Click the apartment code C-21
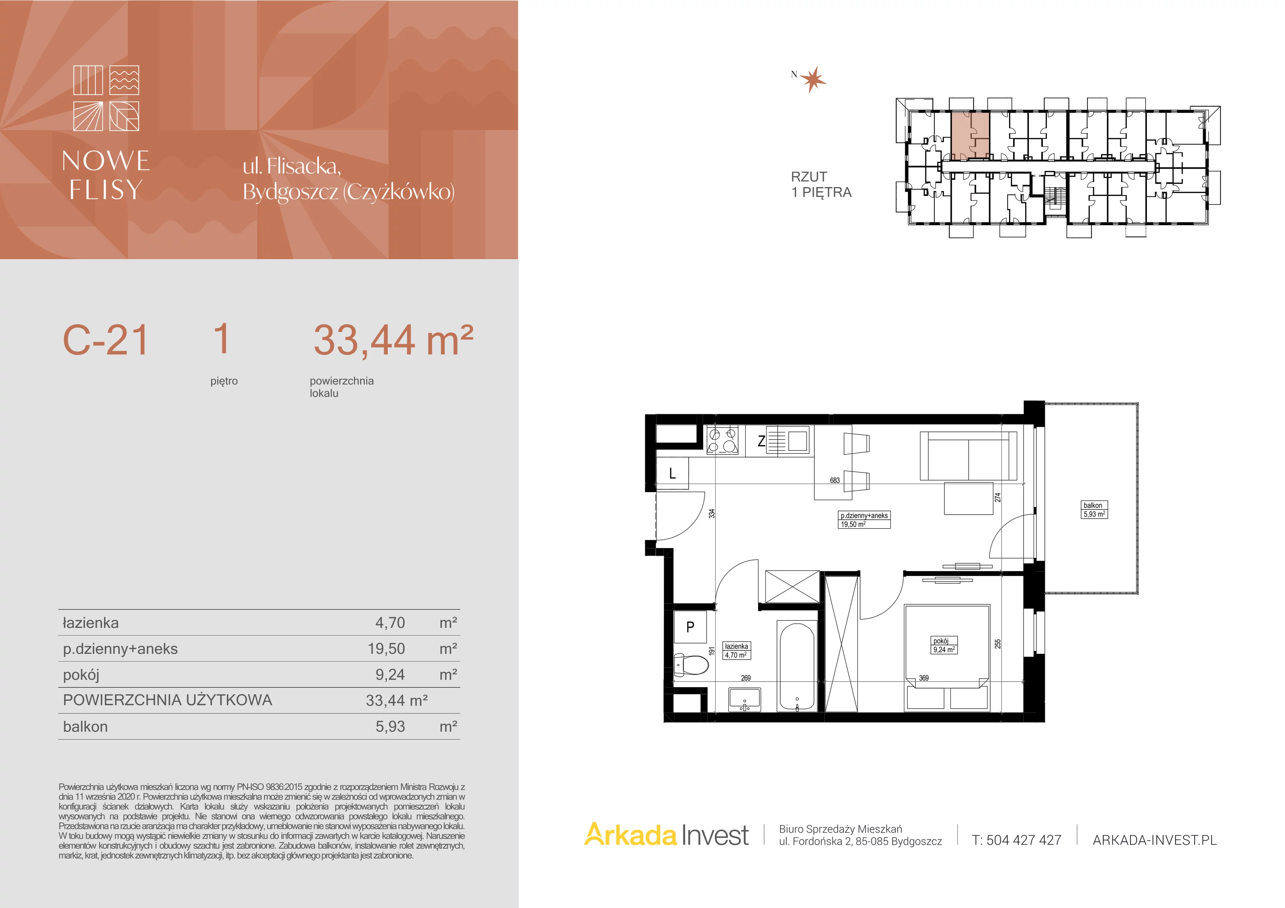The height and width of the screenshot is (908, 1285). click(x=105, y=340)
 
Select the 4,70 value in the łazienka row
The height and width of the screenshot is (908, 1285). click(x=390, y=623)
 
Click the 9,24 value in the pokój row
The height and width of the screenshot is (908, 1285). click(x=390, y=675)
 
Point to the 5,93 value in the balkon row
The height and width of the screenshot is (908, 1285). click(x=390, y=726)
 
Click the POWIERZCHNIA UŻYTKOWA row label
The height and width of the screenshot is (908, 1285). click(x=167, y=700)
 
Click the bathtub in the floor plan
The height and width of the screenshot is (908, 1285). click(x=798, y=666)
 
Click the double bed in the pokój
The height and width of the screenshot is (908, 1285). click(x=947, y=658)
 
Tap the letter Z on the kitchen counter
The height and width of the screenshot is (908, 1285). click(x=761, y=442)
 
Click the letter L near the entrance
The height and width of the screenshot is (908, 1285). click(x=672, y=473)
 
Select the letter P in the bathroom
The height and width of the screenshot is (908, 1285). click(x=690, y=627)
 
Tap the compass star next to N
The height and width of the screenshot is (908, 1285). click(x=813, y=79)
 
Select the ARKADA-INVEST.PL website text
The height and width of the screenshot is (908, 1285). click(x=1154, y=840)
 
